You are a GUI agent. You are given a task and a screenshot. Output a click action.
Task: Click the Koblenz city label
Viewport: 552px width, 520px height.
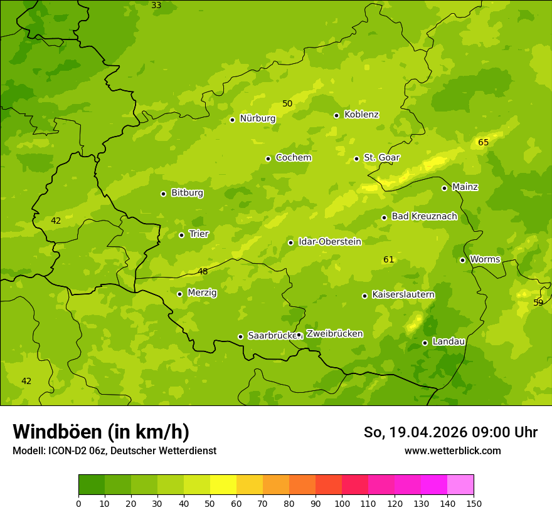point(361,115)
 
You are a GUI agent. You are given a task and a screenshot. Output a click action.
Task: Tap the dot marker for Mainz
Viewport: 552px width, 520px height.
point(444,188)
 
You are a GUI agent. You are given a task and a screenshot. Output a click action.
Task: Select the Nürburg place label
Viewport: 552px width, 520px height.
point(257,118)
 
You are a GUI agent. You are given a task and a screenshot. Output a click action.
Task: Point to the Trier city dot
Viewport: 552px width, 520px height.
point(181,235)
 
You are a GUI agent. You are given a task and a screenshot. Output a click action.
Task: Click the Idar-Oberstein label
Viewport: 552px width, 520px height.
point(329,242)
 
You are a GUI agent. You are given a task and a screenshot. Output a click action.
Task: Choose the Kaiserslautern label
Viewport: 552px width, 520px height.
point(403,294)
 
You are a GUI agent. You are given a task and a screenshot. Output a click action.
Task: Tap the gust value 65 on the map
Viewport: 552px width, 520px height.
point(483,142)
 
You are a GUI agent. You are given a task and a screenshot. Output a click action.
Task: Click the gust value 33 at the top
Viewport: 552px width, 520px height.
point(156,6)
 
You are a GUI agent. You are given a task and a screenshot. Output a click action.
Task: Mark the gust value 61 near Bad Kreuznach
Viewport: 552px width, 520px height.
point(389,259)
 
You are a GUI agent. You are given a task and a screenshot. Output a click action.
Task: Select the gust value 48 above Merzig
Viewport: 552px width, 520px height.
point(203,271)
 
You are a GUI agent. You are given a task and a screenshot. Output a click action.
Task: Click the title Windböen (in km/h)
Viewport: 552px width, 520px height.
point(101,432)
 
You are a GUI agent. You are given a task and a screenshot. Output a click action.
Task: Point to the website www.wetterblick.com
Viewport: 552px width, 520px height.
point(452,450)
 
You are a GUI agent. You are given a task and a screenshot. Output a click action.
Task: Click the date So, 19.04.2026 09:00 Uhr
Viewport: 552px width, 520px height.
point(450,432)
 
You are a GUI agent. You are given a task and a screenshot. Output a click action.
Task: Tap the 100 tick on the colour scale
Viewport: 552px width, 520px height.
point(342,503)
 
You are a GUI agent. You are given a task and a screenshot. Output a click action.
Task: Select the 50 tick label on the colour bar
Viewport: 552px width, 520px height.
point(210,503)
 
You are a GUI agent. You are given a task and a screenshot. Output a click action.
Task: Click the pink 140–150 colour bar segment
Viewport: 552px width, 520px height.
point(460,485)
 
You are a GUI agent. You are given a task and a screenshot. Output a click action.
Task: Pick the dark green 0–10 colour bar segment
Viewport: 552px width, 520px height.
point(92,485)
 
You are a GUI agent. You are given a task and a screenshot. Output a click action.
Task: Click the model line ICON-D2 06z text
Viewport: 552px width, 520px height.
point(114,450)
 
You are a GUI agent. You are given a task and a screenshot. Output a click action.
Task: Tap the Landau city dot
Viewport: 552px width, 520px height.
point(425,343)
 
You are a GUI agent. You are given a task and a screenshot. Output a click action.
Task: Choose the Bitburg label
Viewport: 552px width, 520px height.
point(187,193)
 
